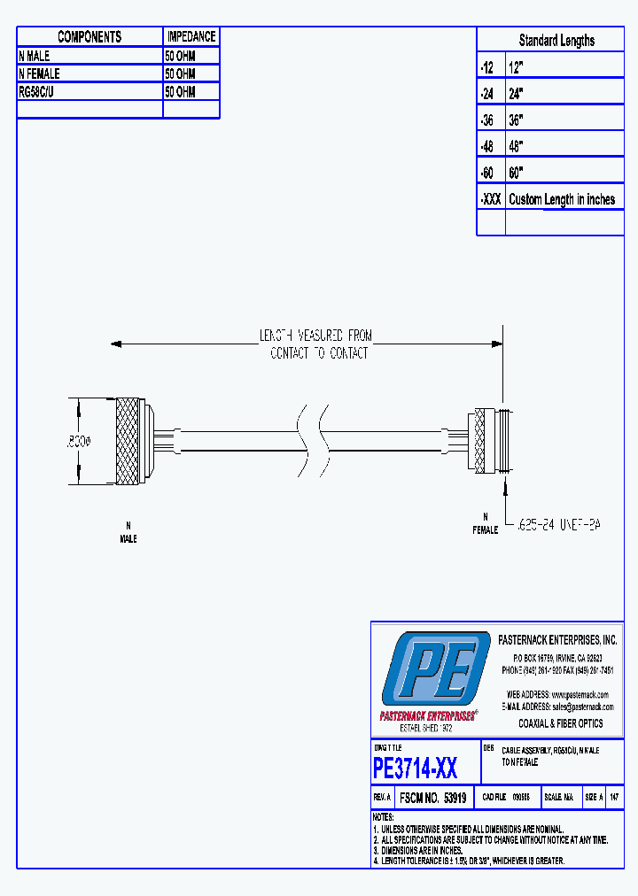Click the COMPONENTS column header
89,36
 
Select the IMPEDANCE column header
191,36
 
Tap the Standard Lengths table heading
556,40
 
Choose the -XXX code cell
490,199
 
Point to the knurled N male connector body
128,442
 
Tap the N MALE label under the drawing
128,533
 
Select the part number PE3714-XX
415,767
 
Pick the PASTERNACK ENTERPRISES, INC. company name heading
557,639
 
